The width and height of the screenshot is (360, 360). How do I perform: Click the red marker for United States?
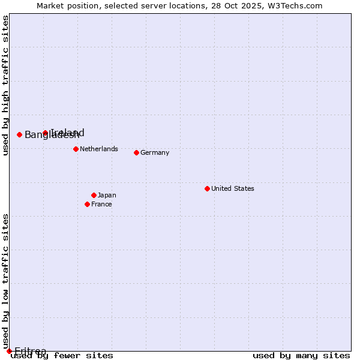[207, 188]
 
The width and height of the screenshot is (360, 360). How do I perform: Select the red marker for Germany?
[136, 152]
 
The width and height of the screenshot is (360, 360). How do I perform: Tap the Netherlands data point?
[76, 149]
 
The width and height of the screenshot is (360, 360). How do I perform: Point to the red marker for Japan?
[94, 195]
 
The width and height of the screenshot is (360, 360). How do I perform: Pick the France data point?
[87, 204]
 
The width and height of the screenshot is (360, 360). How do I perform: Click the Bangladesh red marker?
[19, 134]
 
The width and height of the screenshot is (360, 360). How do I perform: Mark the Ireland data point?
[45, 133]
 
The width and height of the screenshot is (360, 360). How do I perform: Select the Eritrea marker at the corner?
[9, 351]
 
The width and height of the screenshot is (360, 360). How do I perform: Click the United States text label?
[232, 188]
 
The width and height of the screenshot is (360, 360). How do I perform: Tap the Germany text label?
[155, 152]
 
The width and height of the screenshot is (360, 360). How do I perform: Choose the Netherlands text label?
[98, 149]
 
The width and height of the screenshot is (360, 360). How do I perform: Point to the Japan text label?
[107, 195]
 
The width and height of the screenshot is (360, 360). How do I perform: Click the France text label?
[101, 204]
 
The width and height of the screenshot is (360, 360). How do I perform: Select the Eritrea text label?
[30, 351]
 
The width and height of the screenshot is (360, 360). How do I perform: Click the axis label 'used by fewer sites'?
[62, 356]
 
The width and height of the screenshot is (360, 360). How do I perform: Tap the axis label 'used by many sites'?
[301, 356]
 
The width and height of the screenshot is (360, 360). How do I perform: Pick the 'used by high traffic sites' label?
[5, 85]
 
